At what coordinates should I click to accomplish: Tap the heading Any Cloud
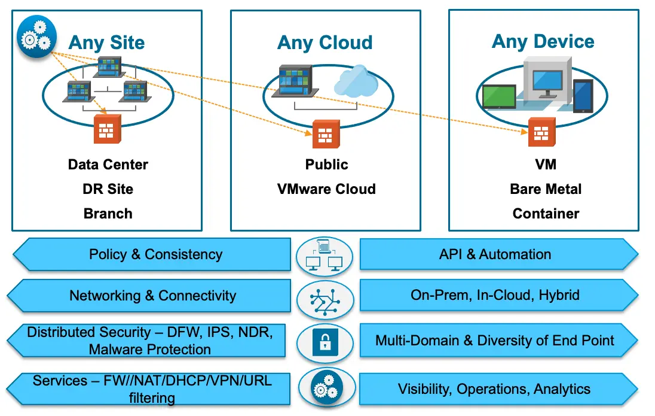[325, 43]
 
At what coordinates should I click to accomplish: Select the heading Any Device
[543, 41]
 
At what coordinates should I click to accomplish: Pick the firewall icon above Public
[326, 134]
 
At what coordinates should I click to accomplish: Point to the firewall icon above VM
[541, 132]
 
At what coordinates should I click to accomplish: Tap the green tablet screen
[499, 96]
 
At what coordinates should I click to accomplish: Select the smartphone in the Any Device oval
[583, 95]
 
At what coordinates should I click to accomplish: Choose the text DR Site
[108, 189]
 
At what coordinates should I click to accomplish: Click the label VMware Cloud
[326, 189]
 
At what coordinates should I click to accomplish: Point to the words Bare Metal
[546, 189]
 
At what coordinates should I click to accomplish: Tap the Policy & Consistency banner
[155, 254]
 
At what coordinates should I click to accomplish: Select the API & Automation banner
[495, 254]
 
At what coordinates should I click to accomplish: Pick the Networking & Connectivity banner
[152, 296]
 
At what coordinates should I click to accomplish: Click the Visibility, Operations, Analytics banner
[494, 389]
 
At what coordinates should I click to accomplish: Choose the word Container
[546, 214]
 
